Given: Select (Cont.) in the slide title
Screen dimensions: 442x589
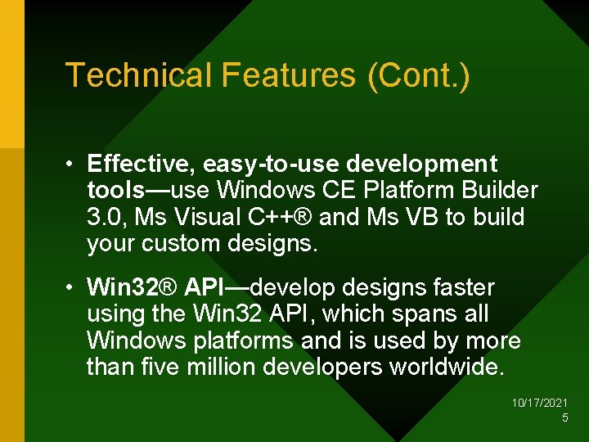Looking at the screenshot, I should pos(418,75).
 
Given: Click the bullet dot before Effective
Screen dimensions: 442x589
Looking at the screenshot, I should pos(73,165).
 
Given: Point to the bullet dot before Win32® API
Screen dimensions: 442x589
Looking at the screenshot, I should pos(73,288).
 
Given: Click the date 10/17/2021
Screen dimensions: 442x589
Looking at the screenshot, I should pos(540,404).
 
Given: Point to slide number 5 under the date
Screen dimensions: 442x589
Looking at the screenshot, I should pos(564,418).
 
